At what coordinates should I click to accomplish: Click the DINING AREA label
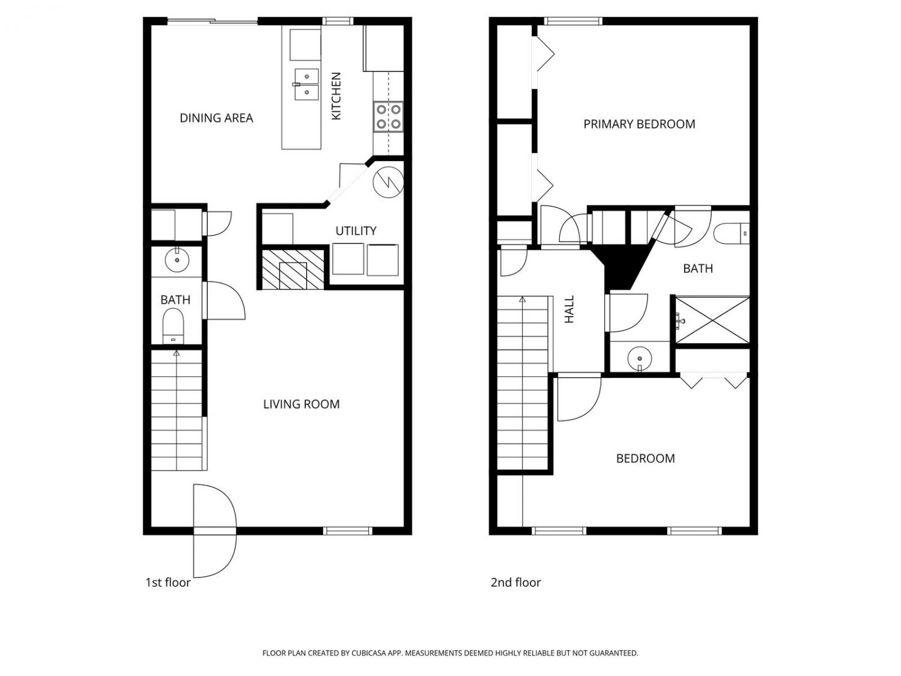216,118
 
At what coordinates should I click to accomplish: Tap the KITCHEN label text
336,96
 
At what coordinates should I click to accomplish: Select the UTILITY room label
356,231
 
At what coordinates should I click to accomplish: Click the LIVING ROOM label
302,404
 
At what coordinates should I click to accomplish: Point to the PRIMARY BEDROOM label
639,124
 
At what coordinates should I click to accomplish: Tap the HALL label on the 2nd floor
569,309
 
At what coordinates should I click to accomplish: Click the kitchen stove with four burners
388,117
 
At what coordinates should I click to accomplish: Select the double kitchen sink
306,85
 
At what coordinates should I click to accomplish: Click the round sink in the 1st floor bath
177,260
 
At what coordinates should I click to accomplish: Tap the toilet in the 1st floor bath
173,326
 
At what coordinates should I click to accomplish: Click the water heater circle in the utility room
388,182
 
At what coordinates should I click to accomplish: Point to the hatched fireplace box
293,269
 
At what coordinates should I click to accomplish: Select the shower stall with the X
712,320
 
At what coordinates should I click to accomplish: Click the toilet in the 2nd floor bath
732,234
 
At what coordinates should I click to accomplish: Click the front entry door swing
214,531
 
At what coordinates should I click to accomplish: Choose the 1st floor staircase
177,410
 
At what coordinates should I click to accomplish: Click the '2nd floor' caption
515,582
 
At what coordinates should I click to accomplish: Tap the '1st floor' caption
168,582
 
